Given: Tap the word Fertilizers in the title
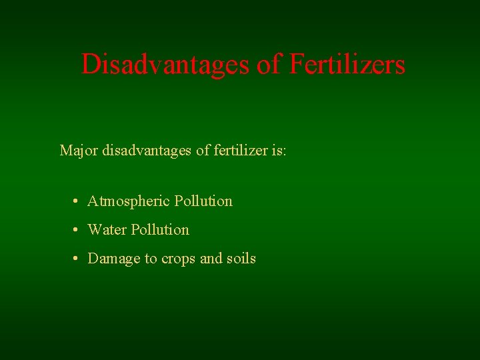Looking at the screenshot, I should coord(347,65).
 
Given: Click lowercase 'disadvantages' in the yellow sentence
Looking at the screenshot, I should coord(147,150).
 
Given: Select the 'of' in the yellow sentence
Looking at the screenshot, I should coord(203,150).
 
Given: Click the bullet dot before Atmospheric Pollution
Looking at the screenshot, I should coord(77,201).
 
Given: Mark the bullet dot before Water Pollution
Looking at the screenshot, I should coord(77,230).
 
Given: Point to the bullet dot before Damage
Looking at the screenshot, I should coord(77,259).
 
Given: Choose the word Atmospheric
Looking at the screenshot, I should coord(129,201).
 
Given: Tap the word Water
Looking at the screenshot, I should coord(107,230).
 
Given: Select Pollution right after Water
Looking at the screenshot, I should coord(160,230).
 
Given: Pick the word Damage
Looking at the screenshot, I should coord(114,259).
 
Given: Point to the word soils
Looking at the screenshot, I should coord(241,259).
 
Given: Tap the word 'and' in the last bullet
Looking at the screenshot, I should coord(211,259).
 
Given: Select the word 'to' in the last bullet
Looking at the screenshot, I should coord(151,259).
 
